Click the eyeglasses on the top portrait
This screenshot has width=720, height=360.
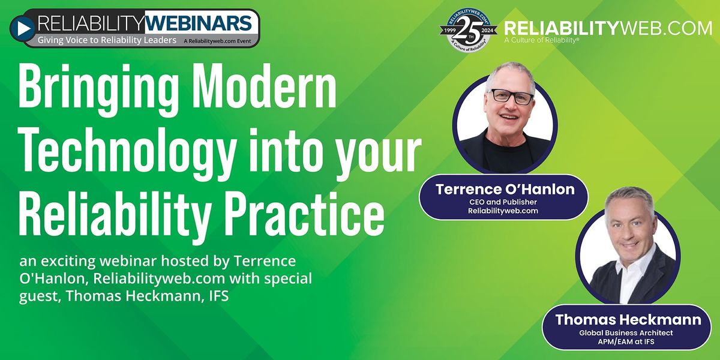pyautogui.click(x=511, y=96)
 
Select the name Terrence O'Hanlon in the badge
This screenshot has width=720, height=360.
pyautogui.click(x=504, y=190)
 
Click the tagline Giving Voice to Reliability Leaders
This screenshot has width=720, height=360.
pyautogui.click(x=107, y=40)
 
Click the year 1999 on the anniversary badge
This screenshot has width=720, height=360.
pyautogui.click(x=449, y=28)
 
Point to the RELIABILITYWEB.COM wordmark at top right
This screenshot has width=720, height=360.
pyautogui.click(x=607, y=28)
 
